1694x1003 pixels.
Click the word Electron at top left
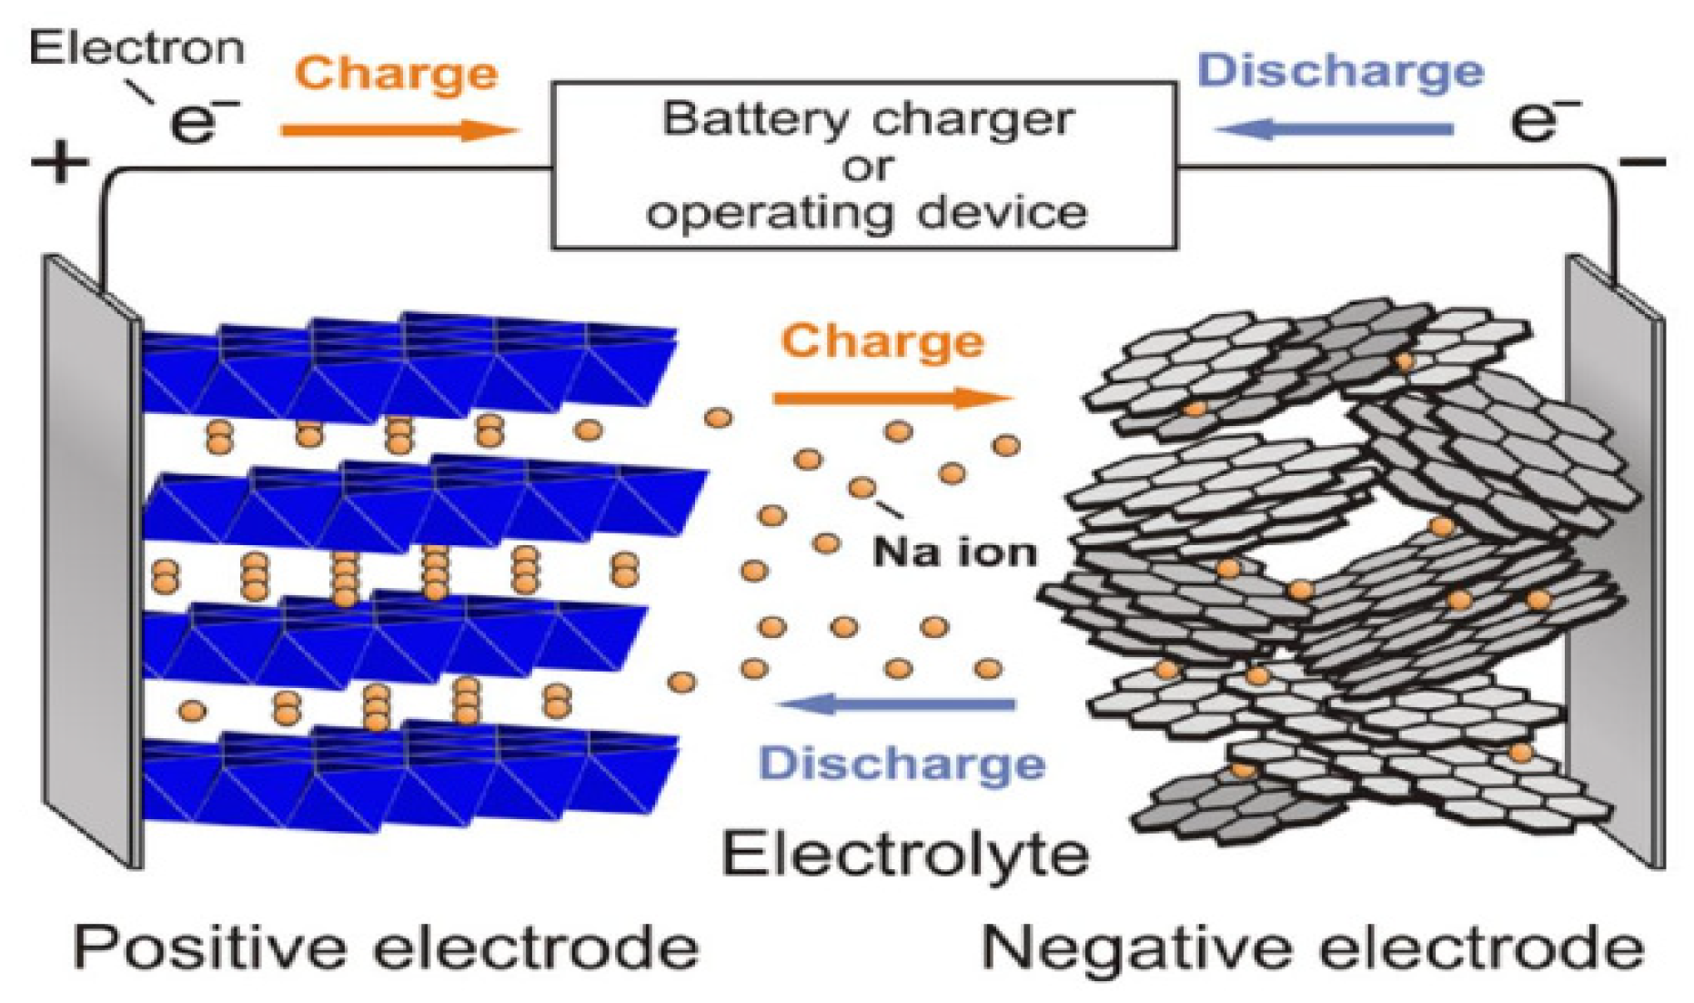click(x=136, y=47)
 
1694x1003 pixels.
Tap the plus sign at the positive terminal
click(x=59, y=165)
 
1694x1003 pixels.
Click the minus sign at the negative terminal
click(x=1642, y=163)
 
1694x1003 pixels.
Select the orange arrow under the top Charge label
click(x=398, y=130)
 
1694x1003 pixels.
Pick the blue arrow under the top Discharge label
click(x=1334, y=129)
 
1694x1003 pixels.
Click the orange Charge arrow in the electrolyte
click(x=892, y=397)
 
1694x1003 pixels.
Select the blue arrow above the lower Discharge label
click(x=896, y=704)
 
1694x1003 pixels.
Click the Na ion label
click(x=954, y=552)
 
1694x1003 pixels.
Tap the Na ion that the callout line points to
click(x=862, y=488)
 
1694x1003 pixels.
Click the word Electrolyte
click(x=905, y=855)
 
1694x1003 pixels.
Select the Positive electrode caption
click(x=386, y=947)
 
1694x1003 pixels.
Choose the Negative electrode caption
click(x=1313, y=947)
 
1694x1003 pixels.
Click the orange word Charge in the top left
click(x=397, y=73)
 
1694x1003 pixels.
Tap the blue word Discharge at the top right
click(x=1340, y=70)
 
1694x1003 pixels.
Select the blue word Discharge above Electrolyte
click(x=902, y=763)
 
